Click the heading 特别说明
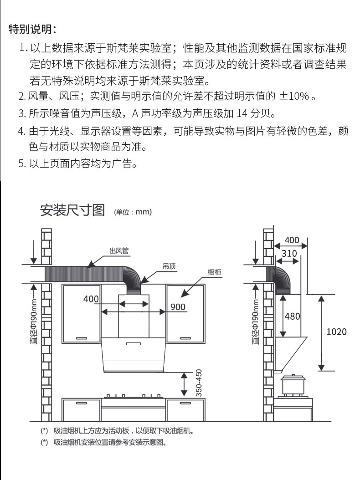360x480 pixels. click(x=32, y=30)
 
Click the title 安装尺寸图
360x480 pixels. click(x=72, y=210)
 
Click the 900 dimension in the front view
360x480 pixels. click(x=178, y=306)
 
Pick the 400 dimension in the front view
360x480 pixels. click(x=91, y=299)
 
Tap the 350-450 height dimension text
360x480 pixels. click(x=198, y=383)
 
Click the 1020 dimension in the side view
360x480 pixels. click(x=336, y=332)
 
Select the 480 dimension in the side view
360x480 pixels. click(x=292, y=316)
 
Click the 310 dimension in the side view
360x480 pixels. click(x=289, y=253)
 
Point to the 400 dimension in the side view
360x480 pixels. click(x=292, y=240)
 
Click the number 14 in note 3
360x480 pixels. click(x=244, y=113)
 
